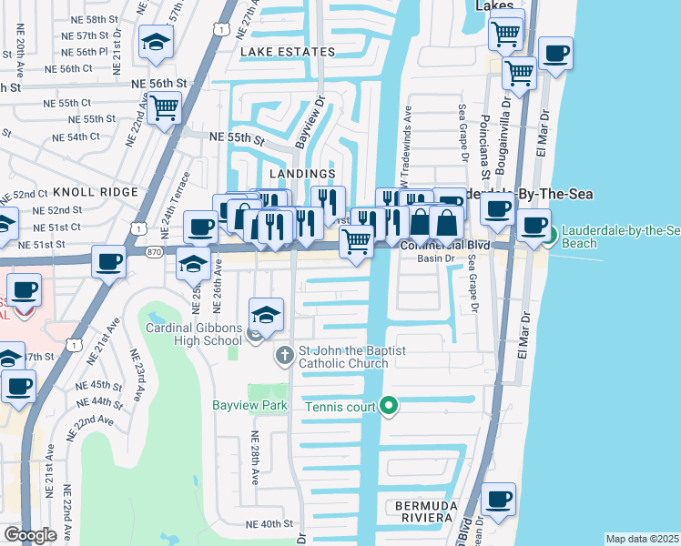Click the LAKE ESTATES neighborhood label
tap(287, 53)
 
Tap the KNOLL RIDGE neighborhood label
tap(95, 192)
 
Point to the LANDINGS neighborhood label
tap(301, 173)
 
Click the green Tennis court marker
tap(389, 406)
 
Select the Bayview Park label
tap(251, 405)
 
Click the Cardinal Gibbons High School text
tap(195, 335)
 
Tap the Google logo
tap(30, 534)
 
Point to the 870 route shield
tap(153, 249)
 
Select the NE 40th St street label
tap(270, 524)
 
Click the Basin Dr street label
tap(436, 258)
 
